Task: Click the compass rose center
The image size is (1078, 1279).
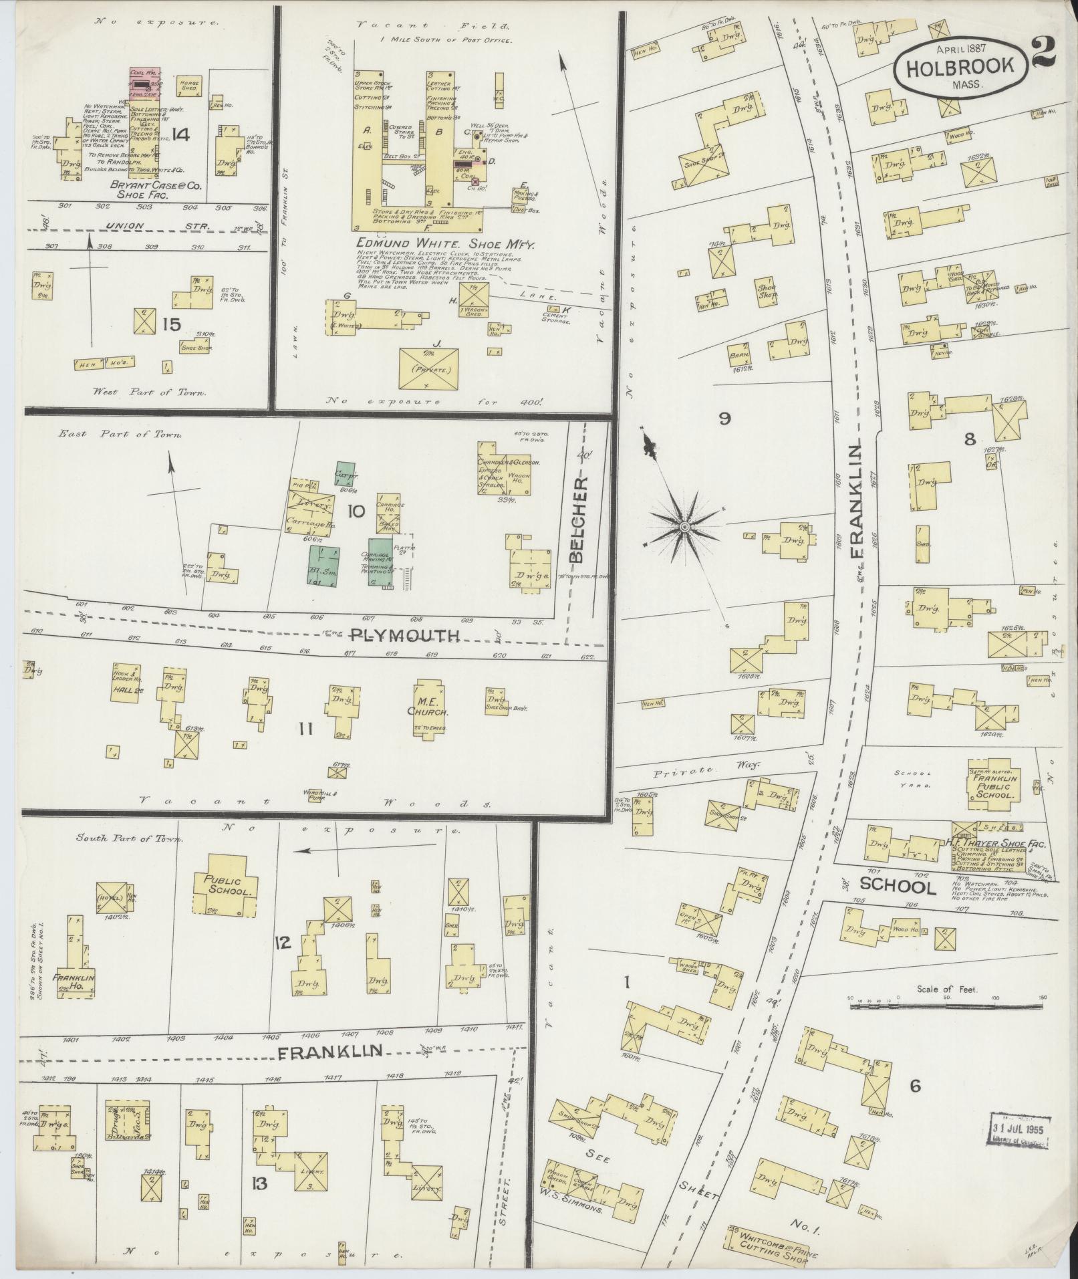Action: [684, 528]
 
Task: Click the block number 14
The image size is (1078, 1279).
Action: [180, 135]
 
